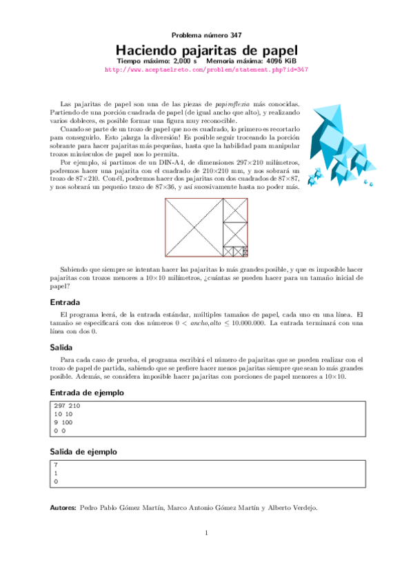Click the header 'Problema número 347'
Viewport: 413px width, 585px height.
tap(206, 35)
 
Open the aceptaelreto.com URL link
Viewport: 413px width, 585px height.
tap(206, 70)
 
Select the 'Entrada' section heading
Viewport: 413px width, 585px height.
tap(66, 302)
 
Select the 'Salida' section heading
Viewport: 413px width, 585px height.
tap(62, 348)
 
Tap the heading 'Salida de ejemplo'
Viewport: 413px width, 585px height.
tap(82, 452)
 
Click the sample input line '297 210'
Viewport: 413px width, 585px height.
tap(67, 406)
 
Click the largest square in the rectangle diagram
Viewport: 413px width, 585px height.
tap(194, 228)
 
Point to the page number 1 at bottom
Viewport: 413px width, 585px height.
tap(206, 532)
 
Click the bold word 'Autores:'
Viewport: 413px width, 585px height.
tap(63, 508)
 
